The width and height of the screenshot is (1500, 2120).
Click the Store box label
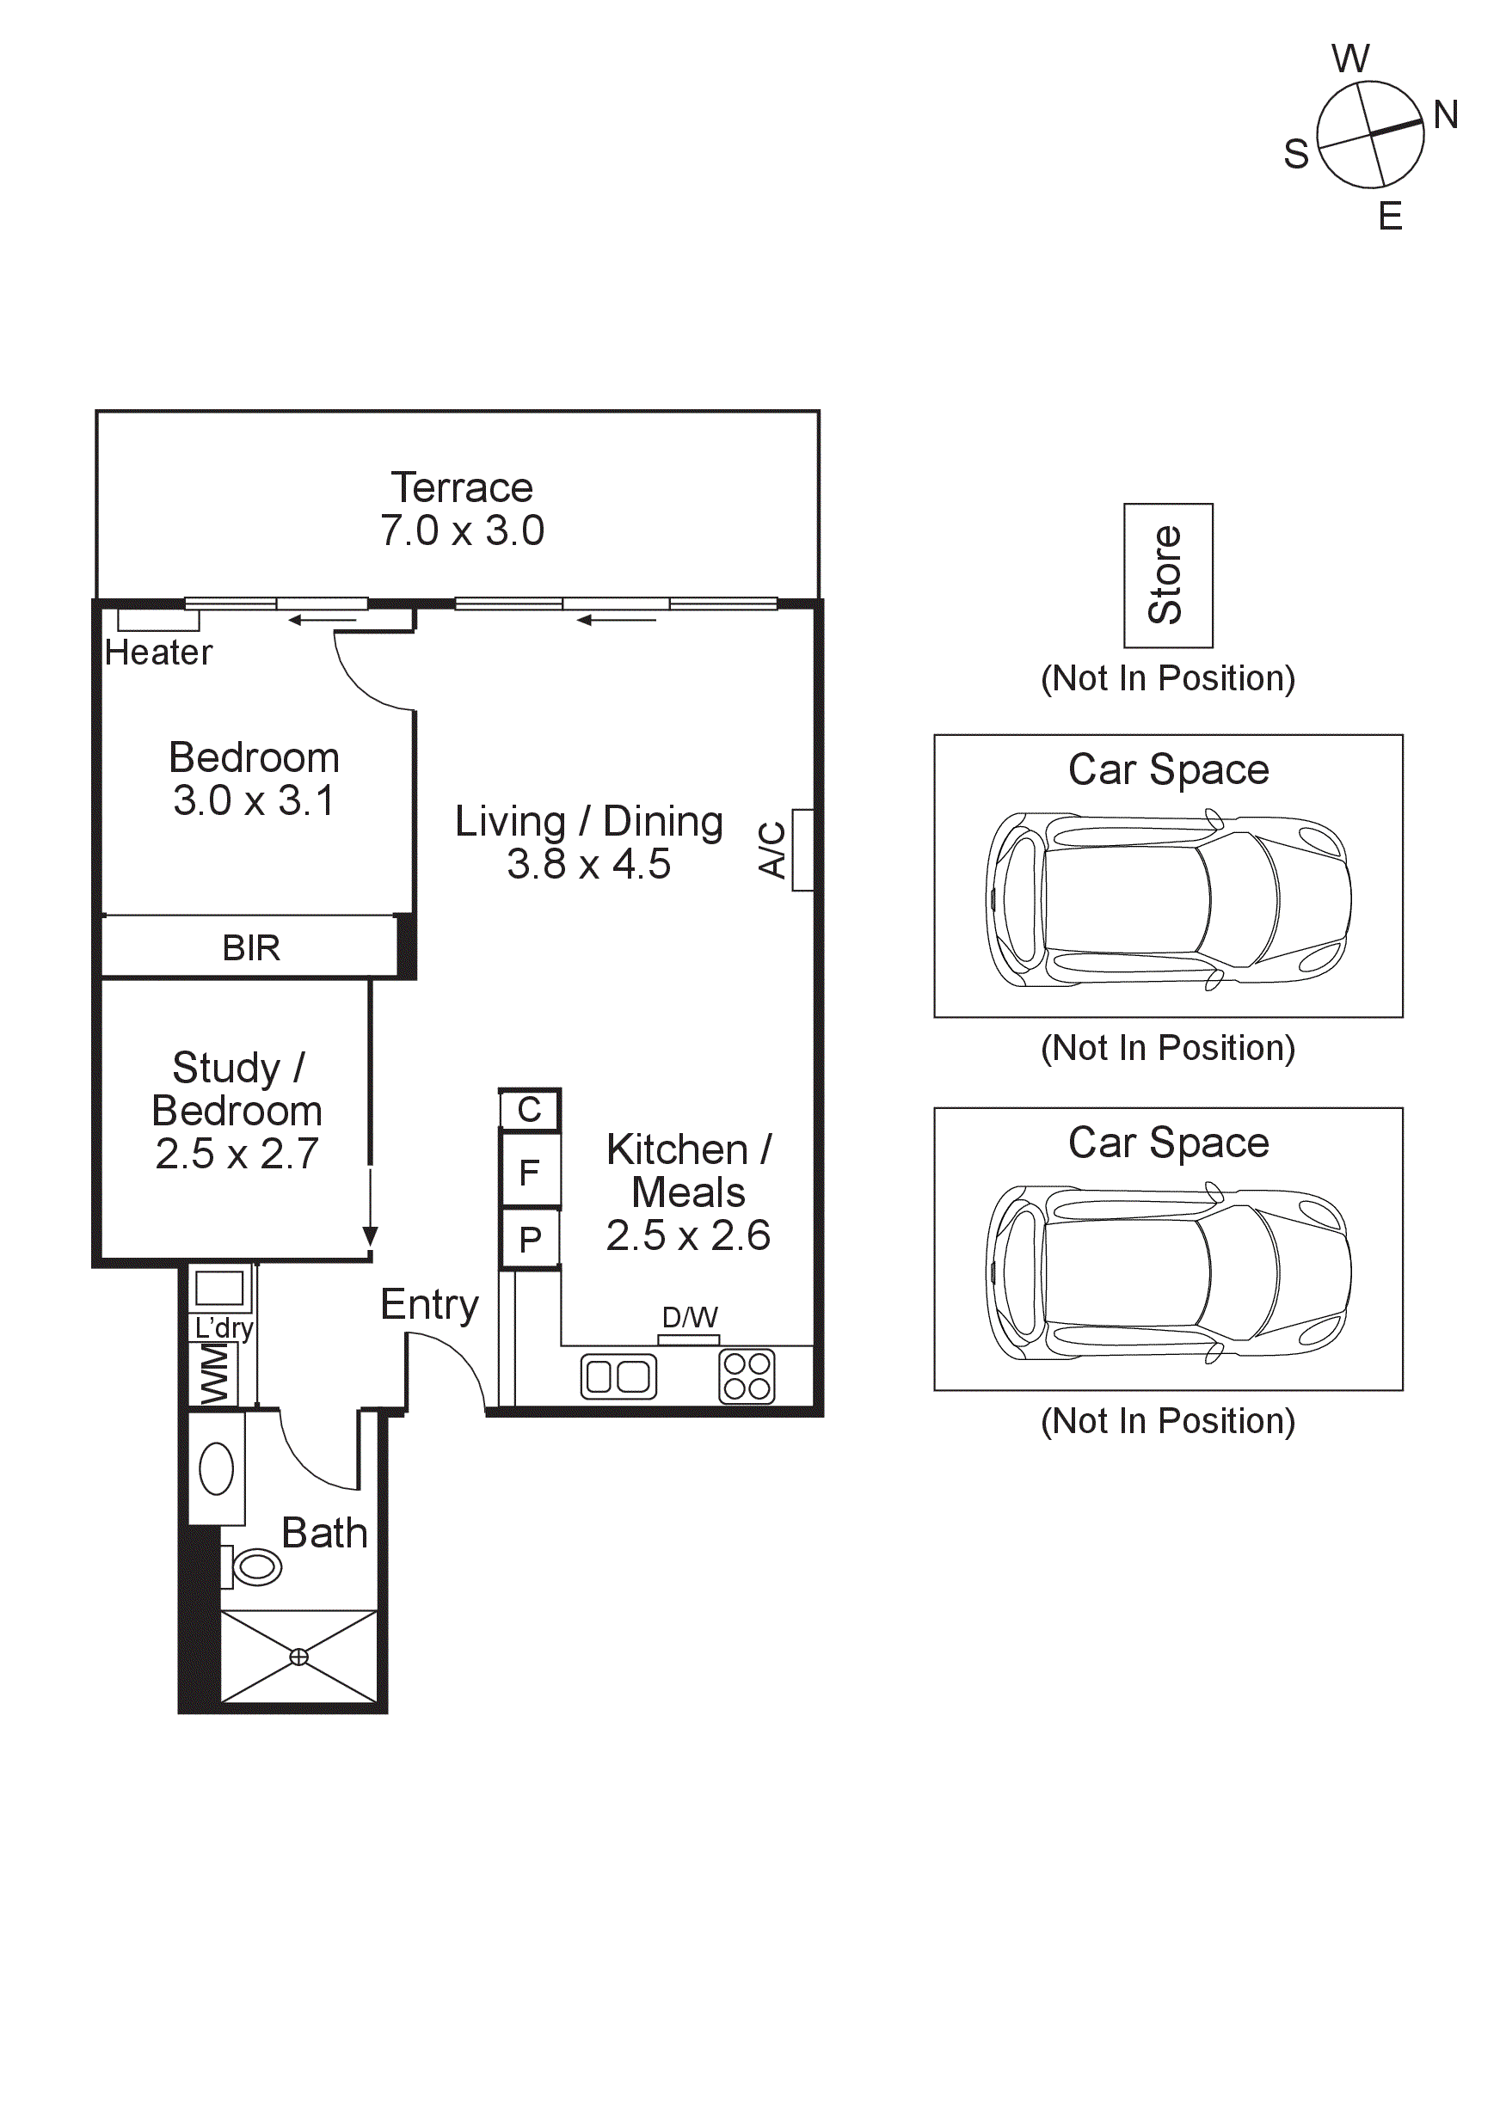[1166, 575]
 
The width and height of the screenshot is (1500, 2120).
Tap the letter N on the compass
[1446, 115]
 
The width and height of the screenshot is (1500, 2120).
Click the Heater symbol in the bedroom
[158, 621]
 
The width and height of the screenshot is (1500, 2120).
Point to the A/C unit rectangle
[802, 849]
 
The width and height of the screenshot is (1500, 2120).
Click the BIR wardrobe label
[250, 947]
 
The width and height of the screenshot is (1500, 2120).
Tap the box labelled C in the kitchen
[529, 1110]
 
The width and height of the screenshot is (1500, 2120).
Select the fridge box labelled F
[529, 1173]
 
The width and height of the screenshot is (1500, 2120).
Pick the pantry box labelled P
[529, 1239]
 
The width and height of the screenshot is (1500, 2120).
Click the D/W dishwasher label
[689, 1318]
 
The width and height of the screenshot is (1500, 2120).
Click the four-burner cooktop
[747, 1376]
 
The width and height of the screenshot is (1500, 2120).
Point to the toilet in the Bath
[254, 1567]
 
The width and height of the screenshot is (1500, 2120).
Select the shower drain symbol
[299, 1657]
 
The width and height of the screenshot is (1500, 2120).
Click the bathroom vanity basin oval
[216, 1469]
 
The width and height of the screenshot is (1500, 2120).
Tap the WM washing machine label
[214, 1374]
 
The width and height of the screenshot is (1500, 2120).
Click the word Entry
[429, 1305]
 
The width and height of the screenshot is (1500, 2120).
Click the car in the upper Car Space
[1167, 899]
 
